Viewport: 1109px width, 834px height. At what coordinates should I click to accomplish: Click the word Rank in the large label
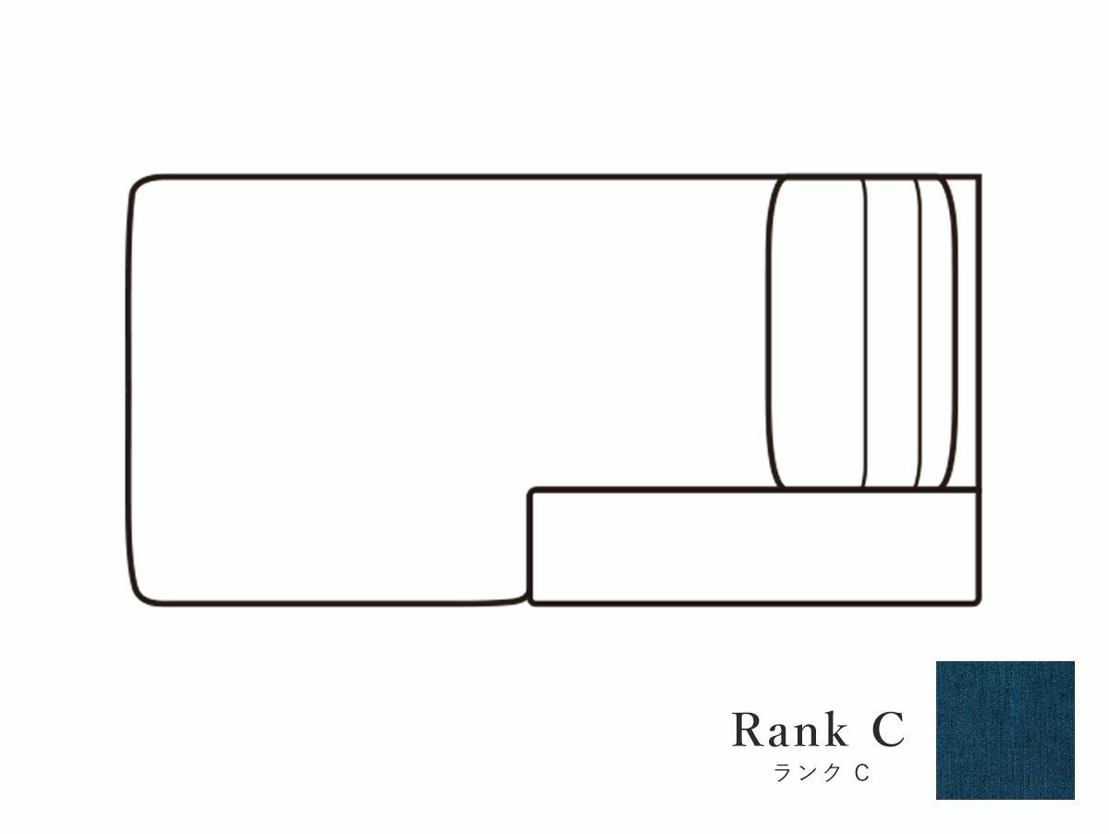point(790,730)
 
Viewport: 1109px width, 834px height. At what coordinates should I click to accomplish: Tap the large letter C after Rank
point(888,730)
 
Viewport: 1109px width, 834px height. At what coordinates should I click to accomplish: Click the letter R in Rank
point(748,730)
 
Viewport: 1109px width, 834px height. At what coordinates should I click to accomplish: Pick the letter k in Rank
point(835,729)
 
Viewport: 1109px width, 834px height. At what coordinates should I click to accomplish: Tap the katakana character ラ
point(783,772)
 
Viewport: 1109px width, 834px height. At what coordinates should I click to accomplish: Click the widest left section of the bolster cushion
point(817,333)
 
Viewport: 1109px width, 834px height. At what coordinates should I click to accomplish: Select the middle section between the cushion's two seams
point(892,333)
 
